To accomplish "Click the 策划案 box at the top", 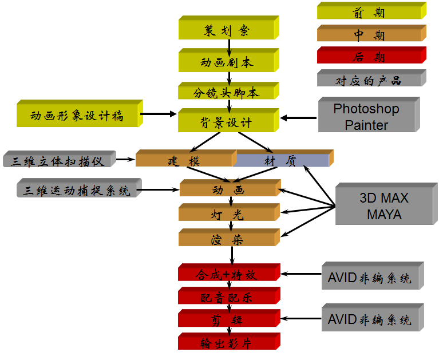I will (227, 30).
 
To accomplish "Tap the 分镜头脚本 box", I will (227, 93).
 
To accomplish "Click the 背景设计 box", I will (227, 122).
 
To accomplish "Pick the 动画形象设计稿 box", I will (77, 116).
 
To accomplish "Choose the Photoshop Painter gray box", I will (366, 117).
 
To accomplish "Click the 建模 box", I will (184, 161).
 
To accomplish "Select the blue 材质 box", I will (281, 161).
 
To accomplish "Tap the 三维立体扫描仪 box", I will (58, 161).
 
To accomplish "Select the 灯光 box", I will (227, 215).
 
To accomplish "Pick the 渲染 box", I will (227, 239).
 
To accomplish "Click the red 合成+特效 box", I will (227, 275).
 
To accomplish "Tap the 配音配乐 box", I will (227, 298).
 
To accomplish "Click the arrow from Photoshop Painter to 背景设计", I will (299, 118).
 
